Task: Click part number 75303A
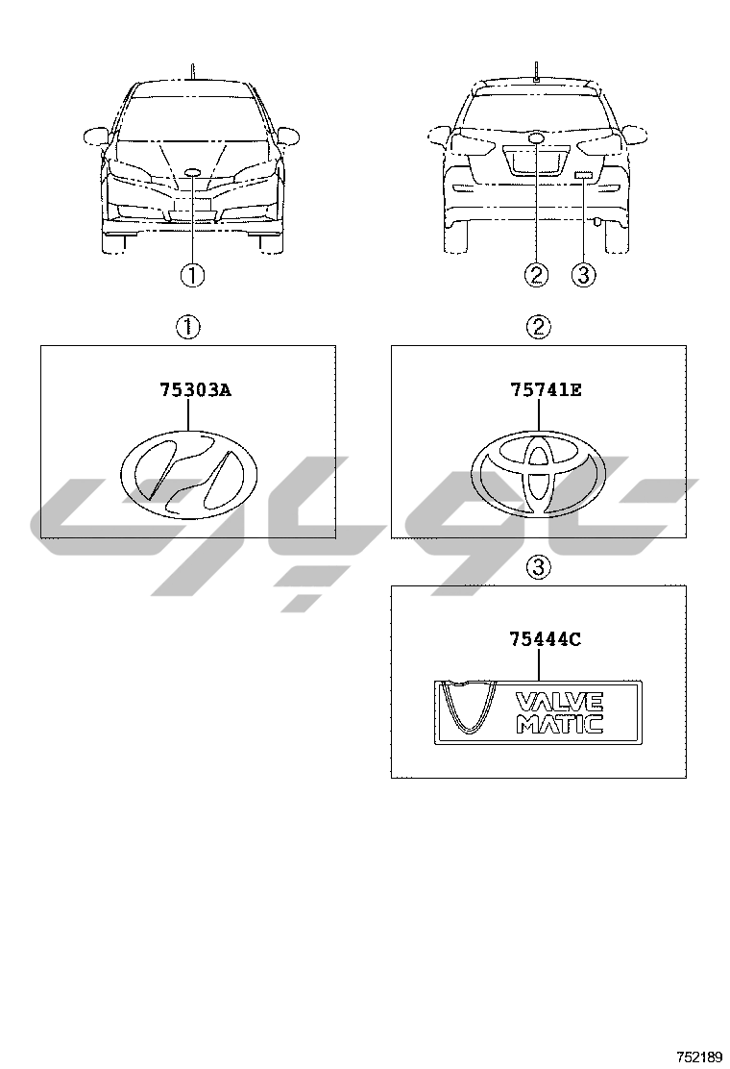click(x=195, y=390)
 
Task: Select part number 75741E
click(x=547, y=390)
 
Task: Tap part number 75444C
click(x=546, y=639)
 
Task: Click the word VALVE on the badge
click(x=559, y=702)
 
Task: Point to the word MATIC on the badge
click(x=560, y=723)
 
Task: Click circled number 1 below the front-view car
click(x=192, y=276)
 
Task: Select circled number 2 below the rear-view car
click(x=536, y=276)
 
